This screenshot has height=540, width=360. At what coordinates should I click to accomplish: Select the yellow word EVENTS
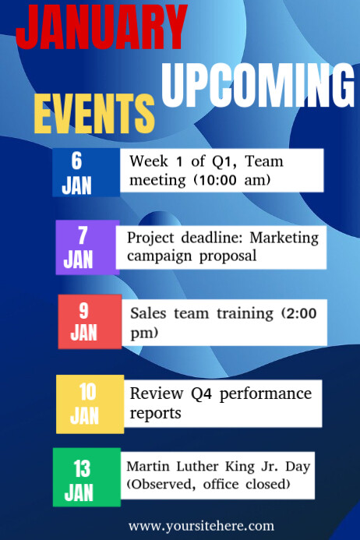(x=94, y=115)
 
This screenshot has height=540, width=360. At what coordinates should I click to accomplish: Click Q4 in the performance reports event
(x=203, y=394)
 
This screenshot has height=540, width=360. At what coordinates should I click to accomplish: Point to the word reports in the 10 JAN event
(x=155, y=412)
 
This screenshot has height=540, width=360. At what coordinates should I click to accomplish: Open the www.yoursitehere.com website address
(x=201, y=526)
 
